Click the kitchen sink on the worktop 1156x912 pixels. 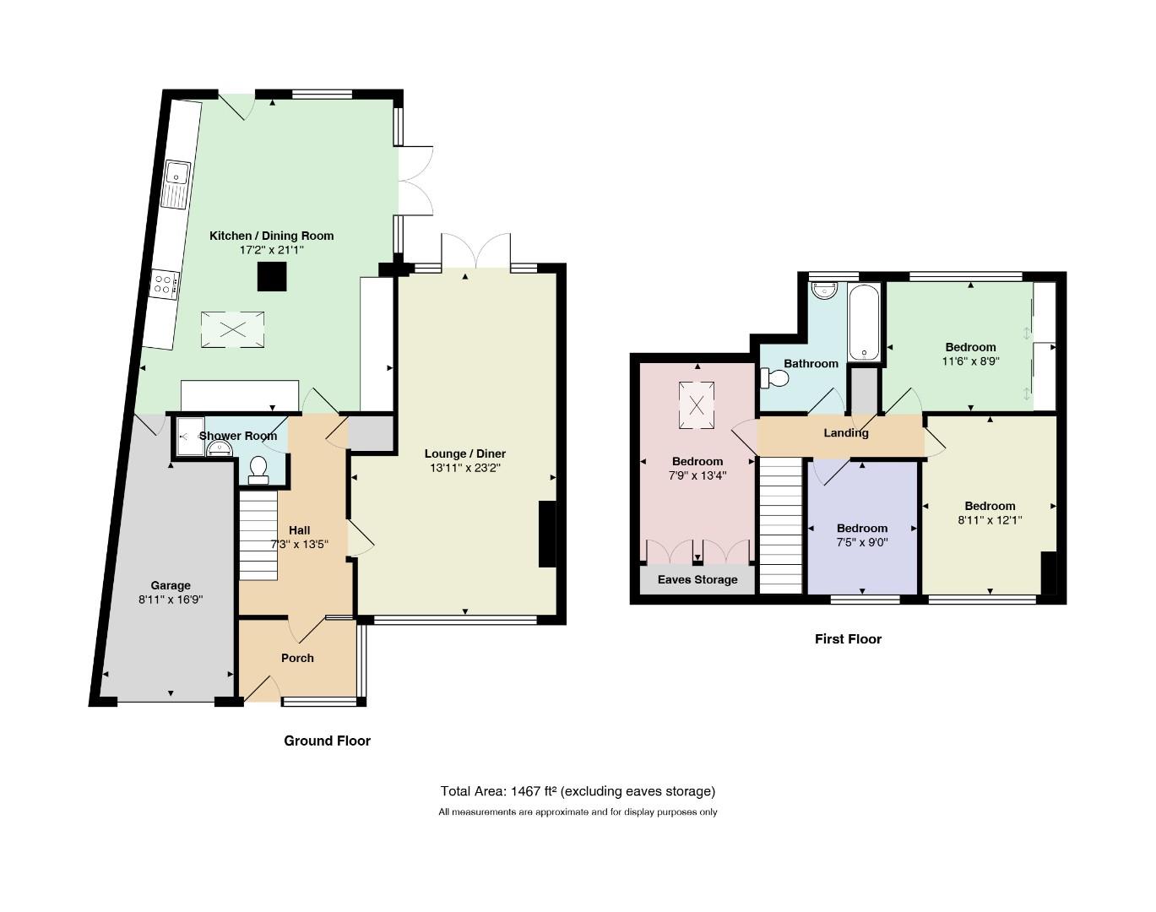point(176,184)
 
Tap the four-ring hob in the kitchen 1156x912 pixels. point(165,283)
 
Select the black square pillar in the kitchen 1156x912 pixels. point(272,277)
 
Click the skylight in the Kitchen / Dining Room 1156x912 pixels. point(232,329)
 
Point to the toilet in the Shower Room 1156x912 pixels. point(258,470)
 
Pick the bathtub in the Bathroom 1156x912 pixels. point(864,322)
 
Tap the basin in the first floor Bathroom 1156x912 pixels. point(824,290)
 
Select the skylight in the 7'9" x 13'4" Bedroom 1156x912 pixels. point(697,405)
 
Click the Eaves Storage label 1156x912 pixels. point(697,579)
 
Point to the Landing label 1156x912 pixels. point(846,432)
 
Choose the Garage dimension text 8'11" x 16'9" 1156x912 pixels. point(171,600)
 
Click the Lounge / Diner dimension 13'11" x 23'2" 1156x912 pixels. point(464,468)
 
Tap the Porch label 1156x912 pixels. point(297,658)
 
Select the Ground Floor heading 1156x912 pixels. point(327,741)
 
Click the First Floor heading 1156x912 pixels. point(848,639)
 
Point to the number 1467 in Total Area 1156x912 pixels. point(525,791)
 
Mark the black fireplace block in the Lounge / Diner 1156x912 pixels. point(547,534)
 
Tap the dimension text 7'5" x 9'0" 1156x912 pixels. point(861,542)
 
